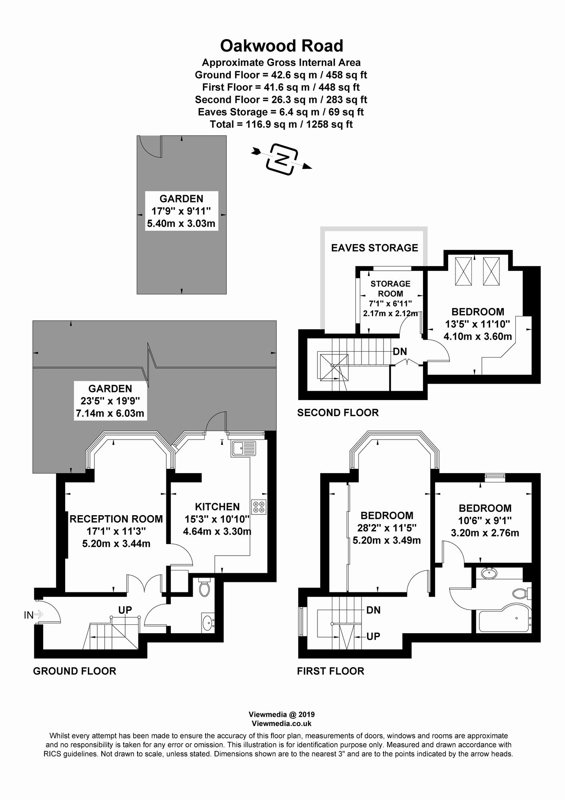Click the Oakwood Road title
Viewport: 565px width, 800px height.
tap(282, 46)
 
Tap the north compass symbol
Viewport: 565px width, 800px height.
tap(283, 158)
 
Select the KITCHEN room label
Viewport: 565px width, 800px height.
tap(217, 507)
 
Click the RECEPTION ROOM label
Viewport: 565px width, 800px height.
tap(116, 519)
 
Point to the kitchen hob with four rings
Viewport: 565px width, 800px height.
tap(259, 507)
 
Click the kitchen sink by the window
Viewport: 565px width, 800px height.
tap(243, 448)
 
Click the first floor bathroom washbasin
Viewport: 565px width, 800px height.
tap(489, 574)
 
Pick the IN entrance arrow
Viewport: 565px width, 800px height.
tap(34, 614)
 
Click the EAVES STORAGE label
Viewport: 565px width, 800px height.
tap(374, 248)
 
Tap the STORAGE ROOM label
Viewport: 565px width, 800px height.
tap(390, 288)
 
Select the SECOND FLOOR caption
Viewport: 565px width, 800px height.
tap(337, 413)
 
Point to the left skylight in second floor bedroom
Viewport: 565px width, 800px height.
tap(463, 271)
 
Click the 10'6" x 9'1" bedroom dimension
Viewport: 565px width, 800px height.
tap(485, 521)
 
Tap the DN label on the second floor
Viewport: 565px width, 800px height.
tap(400, 352)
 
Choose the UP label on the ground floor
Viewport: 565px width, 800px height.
tap(125, 610)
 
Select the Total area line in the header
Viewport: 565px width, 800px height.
tap(281, 124)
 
